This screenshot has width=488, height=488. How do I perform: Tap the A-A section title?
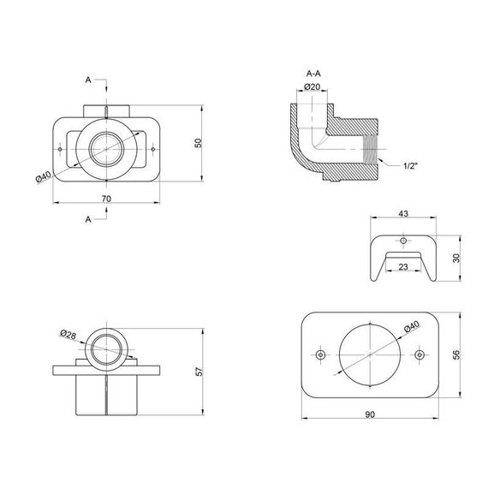[312, 74]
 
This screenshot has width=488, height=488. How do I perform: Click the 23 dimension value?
[402, 266]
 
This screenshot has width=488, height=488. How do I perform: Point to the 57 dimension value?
[198, 372]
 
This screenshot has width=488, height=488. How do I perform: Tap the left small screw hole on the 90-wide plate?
[320, 354]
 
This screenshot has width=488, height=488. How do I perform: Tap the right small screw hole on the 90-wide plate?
[420, 354]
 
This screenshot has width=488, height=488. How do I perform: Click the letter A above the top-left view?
[88, 80]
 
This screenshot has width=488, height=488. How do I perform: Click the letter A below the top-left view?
[88, 219]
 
